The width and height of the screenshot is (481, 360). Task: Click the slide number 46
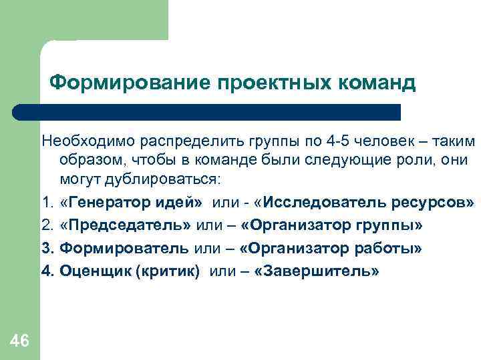click(20, 342)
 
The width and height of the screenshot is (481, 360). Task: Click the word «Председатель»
click(126, 226)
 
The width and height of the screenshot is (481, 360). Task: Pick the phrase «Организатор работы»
click(331, 249)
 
